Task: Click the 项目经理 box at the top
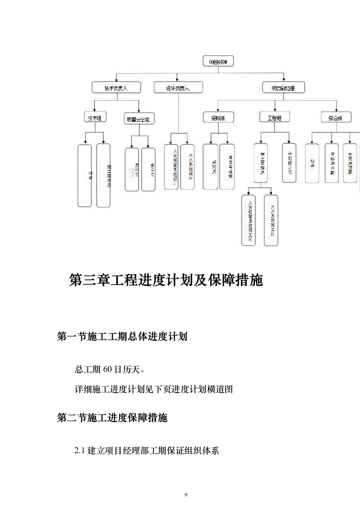tap(218, 61)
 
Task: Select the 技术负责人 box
tap(116, 88)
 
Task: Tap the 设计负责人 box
tap(178, 88)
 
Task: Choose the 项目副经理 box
tap(283, 87)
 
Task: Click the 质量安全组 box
tap(139, 119)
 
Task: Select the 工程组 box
tap(274, 117)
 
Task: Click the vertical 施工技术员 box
tap(104, 175)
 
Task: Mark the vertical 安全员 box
tap(149, 169)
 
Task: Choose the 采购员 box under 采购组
tap(211, 167)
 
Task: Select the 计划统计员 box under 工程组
tap(289, 163)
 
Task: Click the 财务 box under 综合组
tap(312, 163)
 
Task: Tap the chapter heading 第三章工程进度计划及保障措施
tap(166, 280)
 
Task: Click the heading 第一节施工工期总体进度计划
tap(122, 336)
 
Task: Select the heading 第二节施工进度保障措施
tap(112, 418)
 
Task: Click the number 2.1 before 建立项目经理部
tap(79, 451)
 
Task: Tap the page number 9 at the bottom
tap(186, 495)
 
